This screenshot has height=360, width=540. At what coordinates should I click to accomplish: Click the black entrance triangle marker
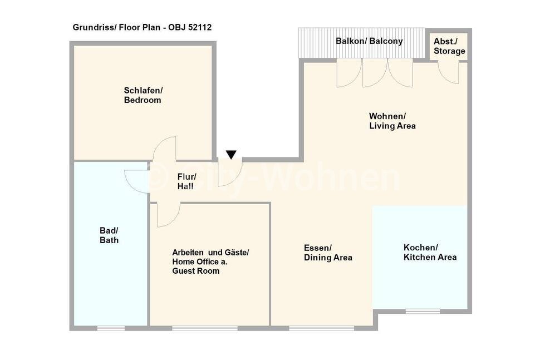pos(231,155)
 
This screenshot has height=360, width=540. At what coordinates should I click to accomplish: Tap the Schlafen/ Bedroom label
pos(143,95)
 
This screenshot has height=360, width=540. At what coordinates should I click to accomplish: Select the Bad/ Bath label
pos(109,235)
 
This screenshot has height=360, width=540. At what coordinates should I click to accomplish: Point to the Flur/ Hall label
pos(186,181)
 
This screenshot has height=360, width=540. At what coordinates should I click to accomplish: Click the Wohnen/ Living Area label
pos(392,121)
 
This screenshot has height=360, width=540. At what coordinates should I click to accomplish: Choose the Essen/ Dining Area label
pos(328,253)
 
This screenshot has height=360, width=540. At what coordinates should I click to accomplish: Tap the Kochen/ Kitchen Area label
pos(430,252)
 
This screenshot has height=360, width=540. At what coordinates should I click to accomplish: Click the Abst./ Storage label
pos(449,46)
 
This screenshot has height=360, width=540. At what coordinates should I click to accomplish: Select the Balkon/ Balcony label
pos(369,41)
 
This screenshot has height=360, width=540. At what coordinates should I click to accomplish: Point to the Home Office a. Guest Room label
pos(200,266)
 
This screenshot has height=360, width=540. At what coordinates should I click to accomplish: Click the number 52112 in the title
pos(200,27)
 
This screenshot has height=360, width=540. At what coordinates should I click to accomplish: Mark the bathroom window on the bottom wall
pos(111,328)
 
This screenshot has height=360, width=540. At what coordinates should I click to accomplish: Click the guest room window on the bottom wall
pos(205,328)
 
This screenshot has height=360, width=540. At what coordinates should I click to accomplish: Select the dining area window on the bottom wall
pos(321,328)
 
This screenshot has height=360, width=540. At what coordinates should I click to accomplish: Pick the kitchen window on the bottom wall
pos(423,311)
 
